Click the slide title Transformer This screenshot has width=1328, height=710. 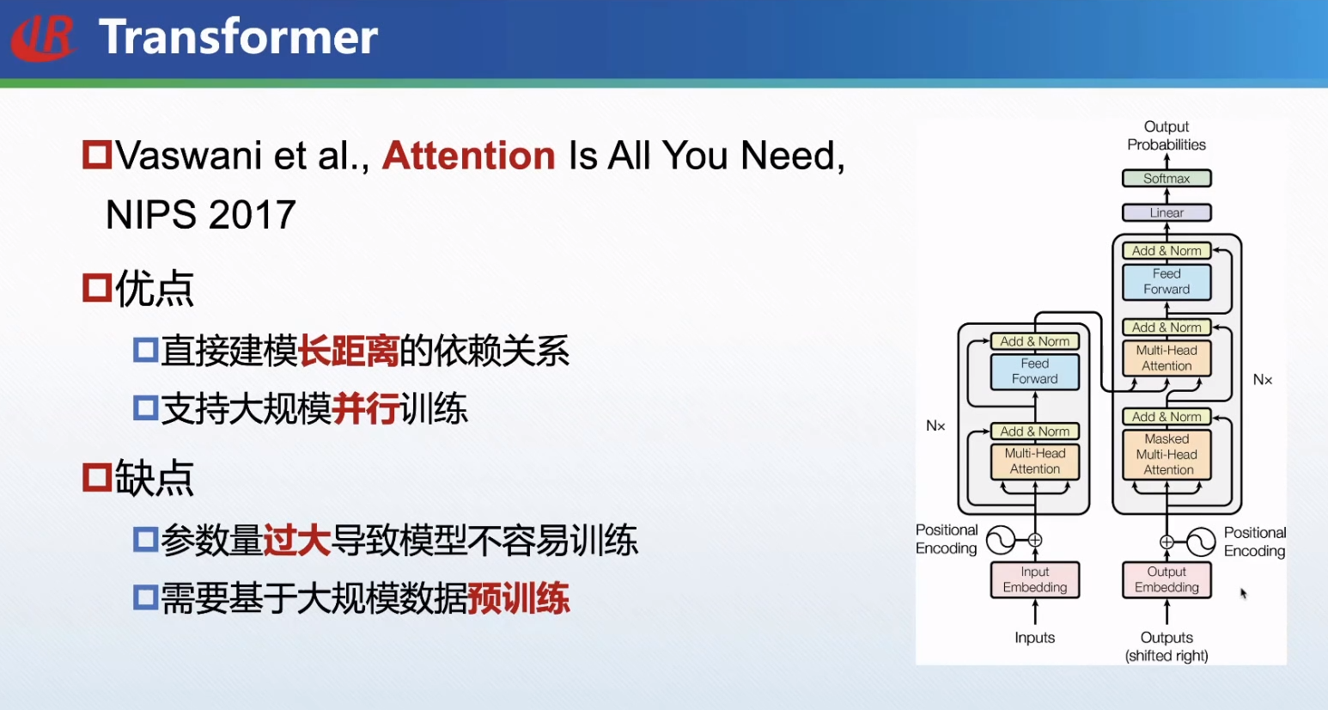point(238,36)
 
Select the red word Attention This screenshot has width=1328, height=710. point(468,156)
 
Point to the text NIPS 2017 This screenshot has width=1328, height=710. point(200,214)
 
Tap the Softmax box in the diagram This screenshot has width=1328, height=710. point(1167,178)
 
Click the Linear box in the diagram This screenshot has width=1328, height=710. point(1167,212)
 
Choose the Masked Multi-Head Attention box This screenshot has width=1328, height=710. point(1167,455)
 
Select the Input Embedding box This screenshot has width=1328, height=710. point(1034,579)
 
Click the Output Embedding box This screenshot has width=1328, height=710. point(1167,579)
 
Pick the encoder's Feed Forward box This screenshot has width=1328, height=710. point(1034,371)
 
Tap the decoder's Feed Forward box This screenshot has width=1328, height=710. point(1167,282)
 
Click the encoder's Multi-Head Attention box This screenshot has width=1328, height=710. point(1034,461)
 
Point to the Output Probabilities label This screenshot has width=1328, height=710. point(1167,136)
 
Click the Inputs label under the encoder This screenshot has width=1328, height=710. point(1034,638)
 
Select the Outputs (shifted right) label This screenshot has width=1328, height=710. point(1167,646)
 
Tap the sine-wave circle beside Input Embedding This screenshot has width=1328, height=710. point(1001,540)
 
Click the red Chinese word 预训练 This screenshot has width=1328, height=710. point(519,598)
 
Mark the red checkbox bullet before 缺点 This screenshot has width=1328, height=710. point(96,477)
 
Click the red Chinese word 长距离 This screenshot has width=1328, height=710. point(349,351)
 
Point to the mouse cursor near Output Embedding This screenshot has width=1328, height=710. point(1244,593)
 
